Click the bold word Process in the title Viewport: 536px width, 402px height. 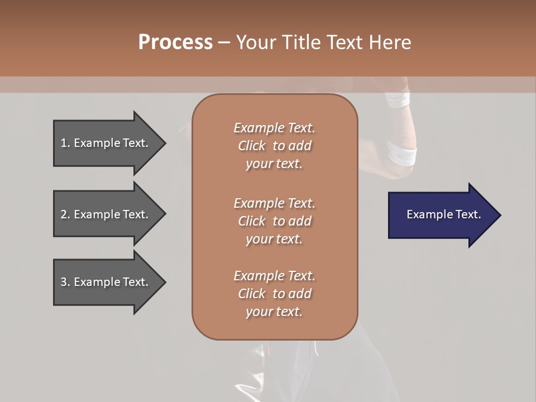175,42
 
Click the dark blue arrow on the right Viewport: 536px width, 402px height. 441,215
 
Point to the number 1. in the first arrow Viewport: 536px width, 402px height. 65,143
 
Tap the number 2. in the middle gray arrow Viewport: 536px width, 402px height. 65,214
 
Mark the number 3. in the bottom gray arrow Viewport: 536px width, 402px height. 65,282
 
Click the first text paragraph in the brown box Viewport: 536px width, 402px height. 274,146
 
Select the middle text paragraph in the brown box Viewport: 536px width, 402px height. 274,221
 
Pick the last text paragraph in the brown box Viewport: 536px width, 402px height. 274,294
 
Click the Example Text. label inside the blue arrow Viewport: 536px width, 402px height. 443,214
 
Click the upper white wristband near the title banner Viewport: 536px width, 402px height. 398,99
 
